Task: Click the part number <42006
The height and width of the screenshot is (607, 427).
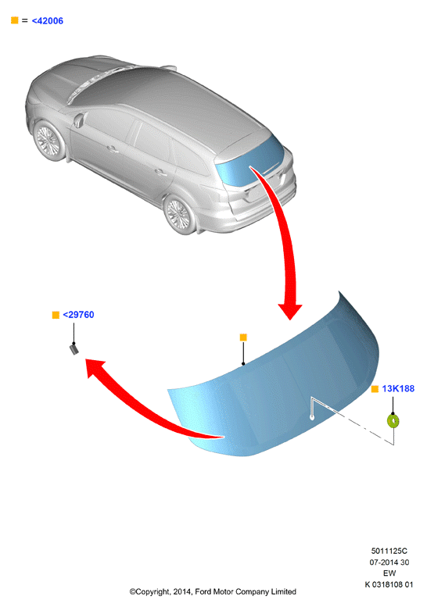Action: click(47, 21)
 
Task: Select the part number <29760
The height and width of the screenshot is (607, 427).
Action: click(78, 315)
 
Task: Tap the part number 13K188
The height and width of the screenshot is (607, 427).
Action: click(398, 389)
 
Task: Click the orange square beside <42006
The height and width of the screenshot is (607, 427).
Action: click(15, 20)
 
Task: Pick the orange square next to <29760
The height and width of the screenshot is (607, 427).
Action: click(56, 315)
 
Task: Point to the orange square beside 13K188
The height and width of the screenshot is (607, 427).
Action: click(375, 389)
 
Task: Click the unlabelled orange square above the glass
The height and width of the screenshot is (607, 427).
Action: click(243, 337)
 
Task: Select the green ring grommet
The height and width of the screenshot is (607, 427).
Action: click(393, 421)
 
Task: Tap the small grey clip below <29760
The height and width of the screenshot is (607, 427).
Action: click(74, 349)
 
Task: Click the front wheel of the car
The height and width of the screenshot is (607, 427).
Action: click(49, 140)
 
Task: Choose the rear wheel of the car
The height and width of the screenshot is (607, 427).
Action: click(180, 214)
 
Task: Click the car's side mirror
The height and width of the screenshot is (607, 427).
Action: click(79, 120)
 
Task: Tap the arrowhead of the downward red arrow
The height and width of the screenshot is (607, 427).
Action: click(290, 311)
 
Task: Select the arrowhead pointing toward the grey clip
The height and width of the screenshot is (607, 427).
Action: click(94, 367)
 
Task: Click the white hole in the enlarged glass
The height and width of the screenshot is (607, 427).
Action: click(312, 417)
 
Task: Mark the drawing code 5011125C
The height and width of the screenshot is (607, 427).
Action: click(389, 551)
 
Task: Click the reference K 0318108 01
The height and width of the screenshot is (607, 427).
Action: click(389, 584)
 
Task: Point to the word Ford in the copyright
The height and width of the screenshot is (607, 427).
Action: click(203, 591)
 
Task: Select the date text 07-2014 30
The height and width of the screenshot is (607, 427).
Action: click(389, 562)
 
